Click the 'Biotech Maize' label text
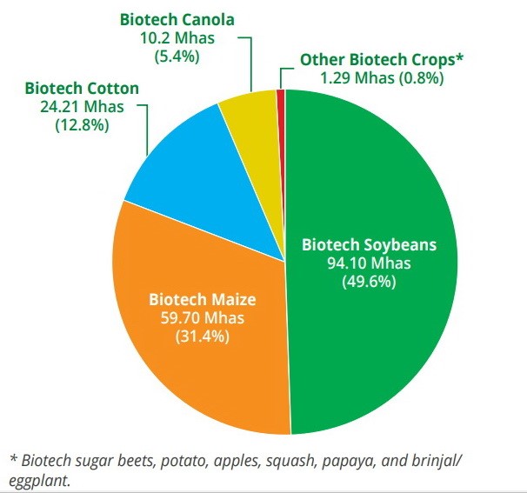(x=201, y=300)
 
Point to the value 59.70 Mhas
(x=203, y=317)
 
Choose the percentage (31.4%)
(x=203, y=336)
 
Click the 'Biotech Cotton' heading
(x=81, y=88)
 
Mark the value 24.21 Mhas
(x=82, y=106)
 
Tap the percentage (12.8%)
(x=82, y=124)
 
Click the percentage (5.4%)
(x=177, y=57)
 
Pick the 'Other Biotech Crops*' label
(x=382, y=59)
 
